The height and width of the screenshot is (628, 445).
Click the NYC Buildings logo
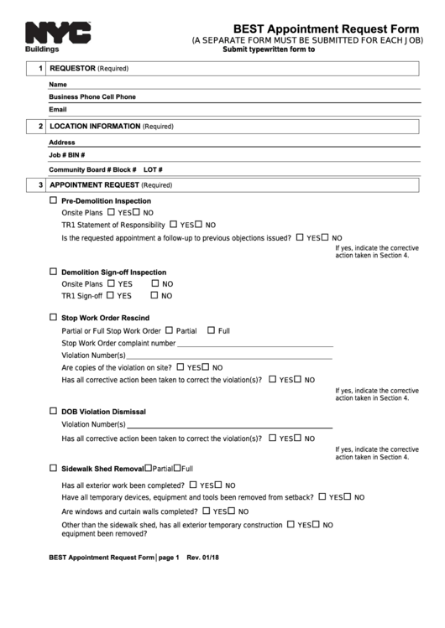(x=57, y=36)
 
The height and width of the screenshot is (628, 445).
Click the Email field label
(x=57, y=109)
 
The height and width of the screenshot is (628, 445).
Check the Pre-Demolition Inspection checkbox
(x=54, y=200)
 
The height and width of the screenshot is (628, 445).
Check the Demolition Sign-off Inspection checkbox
(x=54, y=272)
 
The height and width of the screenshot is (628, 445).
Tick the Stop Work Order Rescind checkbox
(x=54, y=318)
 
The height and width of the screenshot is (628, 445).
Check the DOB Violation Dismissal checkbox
(x=54, y=412)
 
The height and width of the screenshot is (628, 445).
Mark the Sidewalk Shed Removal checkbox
(x=54, y=468)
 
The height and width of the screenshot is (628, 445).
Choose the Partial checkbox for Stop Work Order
(x=170, y=330)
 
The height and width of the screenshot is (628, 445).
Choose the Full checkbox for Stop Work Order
(x=211, y=330)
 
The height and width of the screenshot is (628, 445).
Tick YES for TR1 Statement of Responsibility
(x=174, y=224)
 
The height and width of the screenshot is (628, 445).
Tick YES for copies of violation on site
(x=181, y=366)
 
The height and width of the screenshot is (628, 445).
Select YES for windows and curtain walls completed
(x=207, y=511)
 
